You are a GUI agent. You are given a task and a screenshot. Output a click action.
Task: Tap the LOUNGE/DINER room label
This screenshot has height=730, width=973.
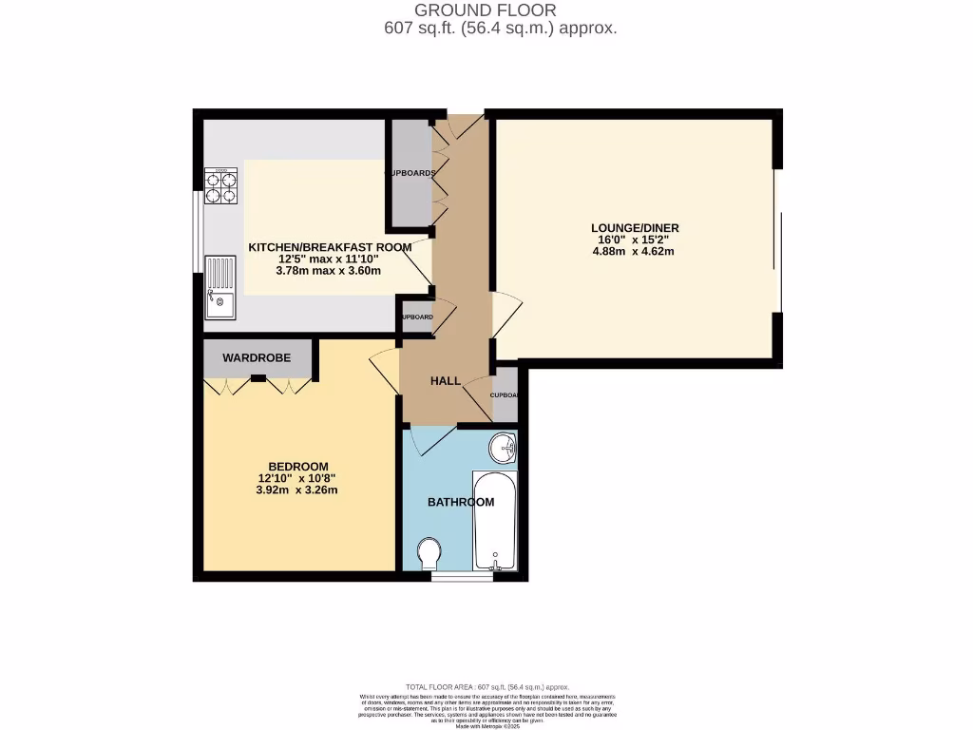tap(635, 228)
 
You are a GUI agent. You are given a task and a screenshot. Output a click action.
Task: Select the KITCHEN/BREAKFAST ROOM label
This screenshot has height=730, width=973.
tap(330, 247)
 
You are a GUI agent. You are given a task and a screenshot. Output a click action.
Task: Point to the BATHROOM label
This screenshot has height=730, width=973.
tap(460, 502)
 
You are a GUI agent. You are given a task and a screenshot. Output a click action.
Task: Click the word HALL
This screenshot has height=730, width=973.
tap(446, 381)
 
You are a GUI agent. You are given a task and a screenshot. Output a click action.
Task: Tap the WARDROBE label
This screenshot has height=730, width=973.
tap(257, 358)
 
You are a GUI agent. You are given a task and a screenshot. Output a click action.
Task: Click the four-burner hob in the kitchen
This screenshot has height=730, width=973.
tap(220, 187)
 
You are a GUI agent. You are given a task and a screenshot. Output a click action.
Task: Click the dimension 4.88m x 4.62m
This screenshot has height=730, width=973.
tap(634, 252)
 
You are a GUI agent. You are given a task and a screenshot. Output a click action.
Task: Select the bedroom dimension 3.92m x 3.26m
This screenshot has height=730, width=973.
tap(296, 490)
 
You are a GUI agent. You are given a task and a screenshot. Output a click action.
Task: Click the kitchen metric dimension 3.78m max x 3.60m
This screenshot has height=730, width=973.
tap(329, 271)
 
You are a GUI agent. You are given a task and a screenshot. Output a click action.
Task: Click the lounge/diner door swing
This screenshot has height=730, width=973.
tap(506, 314)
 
